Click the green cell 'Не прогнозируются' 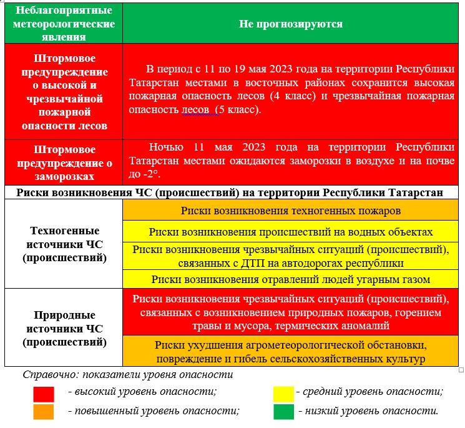click(x=290, y=24)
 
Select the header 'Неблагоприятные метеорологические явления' click(x=64, y=24)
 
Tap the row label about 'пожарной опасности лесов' click(x=64, y=92)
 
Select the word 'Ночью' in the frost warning click(x=166, y=147)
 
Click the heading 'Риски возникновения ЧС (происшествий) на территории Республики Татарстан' click(x=230, y=192)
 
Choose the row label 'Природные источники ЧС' click(x=64, y=328)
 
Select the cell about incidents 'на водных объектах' click(x=290, y=232)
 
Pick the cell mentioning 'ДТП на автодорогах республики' click(x=290, y=256)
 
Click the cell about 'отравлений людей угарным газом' click(x=290, y=279)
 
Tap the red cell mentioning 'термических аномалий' click(x=290, y=312)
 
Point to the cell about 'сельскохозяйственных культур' click(x=290, y=352)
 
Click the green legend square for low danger click(x=283, y=412)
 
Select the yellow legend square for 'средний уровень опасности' click(x=283, y=393)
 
